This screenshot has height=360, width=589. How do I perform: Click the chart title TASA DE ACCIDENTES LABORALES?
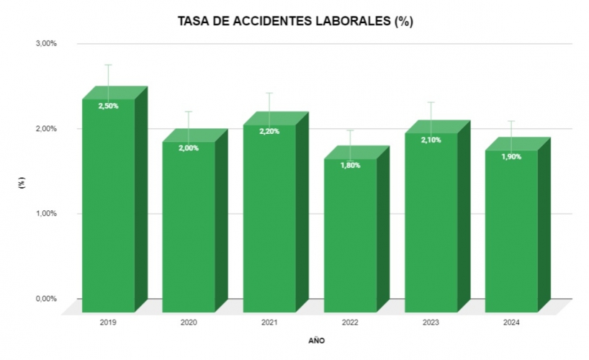coord(295,22)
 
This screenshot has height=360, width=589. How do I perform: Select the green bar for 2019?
coord(108,209)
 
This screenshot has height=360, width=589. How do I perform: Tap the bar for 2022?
coord(350,238)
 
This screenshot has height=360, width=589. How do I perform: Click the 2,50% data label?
coord(109,106)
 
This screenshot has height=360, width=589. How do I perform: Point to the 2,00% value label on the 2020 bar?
coord(189,148)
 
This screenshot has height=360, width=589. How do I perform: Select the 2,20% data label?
coord(269,131)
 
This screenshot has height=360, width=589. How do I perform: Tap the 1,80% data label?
coord(350,165)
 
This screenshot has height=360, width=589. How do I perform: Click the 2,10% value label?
coord(431,140)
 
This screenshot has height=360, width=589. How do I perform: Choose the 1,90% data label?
coord(511,156)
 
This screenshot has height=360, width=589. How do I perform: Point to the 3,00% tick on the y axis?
coord(46,44)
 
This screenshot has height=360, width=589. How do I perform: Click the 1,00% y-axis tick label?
coord(46,214)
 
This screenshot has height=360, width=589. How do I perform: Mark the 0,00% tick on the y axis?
coord(46,299)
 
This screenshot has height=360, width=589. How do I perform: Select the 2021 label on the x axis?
coord(269,323)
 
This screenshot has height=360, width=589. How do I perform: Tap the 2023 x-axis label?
coord(431,323)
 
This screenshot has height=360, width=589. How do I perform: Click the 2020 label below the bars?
coord(189,323)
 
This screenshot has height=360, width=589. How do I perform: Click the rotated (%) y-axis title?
coord(22,183)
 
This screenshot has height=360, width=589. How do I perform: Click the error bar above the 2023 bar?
coord(431,112)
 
